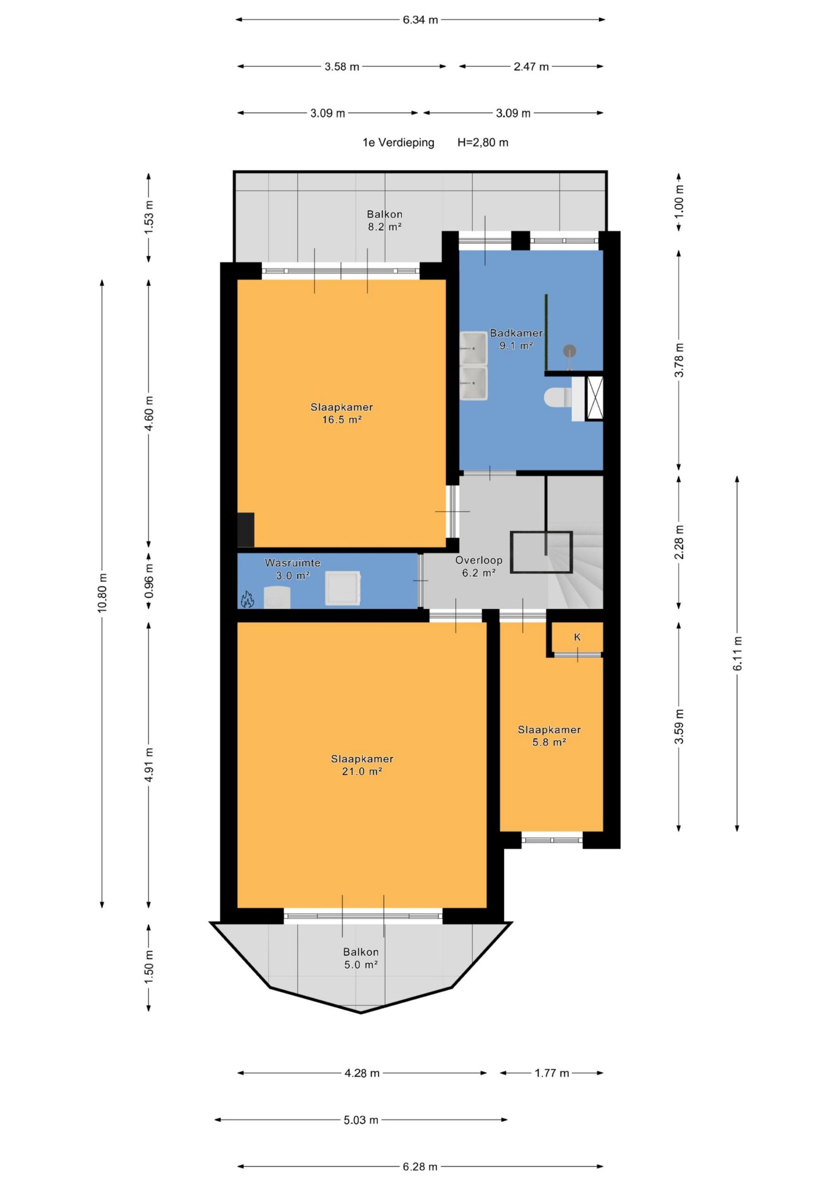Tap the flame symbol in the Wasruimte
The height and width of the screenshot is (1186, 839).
click(247, 599)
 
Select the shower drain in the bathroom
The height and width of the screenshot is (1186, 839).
click(569, 351)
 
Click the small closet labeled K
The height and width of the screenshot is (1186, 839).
click(578, 637)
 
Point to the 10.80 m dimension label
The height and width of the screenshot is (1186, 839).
click(102, 593)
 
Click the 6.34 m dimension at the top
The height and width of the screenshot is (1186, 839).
click(420, 20)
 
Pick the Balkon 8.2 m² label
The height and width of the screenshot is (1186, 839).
click(385, 220)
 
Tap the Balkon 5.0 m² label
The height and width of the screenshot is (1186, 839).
click(361, 958)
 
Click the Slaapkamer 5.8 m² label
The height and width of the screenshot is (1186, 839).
click(549, 736)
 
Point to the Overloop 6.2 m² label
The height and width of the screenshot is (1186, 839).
click(479, 566)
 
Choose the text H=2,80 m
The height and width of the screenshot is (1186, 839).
click(483, 143)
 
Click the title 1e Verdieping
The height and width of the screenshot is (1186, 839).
click(399, 143)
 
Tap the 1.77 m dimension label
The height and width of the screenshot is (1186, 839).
click(552, 1073)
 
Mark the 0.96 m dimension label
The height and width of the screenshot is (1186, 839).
click(149, 581)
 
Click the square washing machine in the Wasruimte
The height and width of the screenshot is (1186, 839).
click(343, 588)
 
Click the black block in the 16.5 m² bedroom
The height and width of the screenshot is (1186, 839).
click(246, 530)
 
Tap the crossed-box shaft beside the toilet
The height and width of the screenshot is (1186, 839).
click(595, 398)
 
